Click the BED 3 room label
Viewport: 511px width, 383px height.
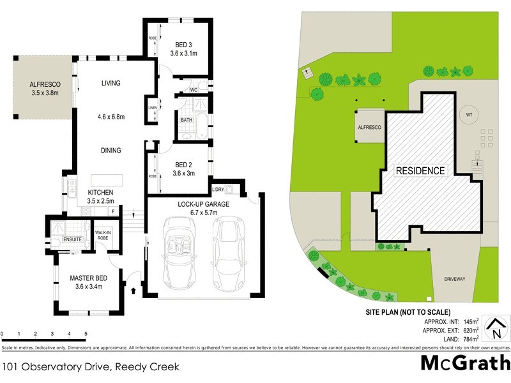coord(185,44)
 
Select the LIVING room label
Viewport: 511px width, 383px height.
coord(111,83)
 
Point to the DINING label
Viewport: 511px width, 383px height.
coord(111,150)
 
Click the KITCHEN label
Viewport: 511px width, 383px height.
coord(100,192)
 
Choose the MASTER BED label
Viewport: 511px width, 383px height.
coord(88,278)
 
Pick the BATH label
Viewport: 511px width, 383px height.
coord(187,120)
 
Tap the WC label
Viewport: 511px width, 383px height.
coord(194,91)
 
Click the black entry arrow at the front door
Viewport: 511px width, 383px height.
coord(133,290)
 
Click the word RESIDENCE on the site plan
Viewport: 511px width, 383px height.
coord(420,170)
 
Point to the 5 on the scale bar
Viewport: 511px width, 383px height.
coord(85,334)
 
